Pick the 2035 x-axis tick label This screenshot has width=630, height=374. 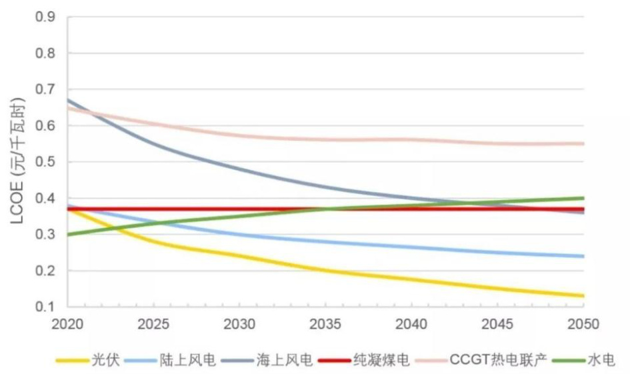click(326, 324)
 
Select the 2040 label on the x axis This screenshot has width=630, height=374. click(412, 324)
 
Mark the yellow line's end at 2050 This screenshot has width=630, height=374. click(584, 296)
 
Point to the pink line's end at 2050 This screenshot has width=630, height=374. click(584, 143)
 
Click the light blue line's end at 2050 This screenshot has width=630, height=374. click(584, 256)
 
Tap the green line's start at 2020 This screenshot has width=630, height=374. click(68, 235)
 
